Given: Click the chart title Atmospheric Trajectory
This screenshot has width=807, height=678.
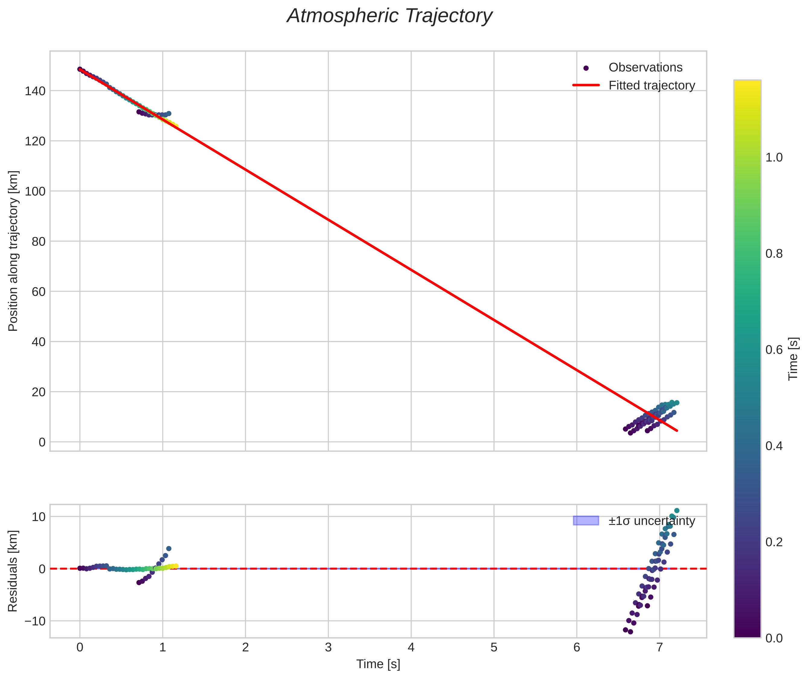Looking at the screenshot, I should pyautogui.click(x=389, y=16).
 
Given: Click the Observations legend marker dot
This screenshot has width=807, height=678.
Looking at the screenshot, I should pyautogui.click(x=585, y=68).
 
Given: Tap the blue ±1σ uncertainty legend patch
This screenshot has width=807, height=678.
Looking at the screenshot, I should pyautogui.click(x=585, y=520).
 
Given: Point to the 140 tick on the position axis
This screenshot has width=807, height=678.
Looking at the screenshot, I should pyautogui.click(x=35, y=91).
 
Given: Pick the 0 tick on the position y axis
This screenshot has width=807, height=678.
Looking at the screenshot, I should pyautogui.click(x=42, y=442).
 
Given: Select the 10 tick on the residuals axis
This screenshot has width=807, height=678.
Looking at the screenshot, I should pyautogui.click(x=38, y=516).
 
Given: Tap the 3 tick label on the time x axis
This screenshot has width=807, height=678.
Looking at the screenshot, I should pyautogui.click(x=328, y=647).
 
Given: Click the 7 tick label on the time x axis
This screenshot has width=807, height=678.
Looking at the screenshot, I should pyautogui.click(x=659, y=647).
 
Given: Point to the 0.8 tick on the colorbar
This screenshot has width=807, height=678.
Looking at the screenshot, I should pyautogui.click(x=774, y=254).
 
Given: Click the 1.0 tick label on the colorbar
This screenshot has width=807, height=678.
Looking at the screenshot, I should pyautogui.click(x=774, y=158).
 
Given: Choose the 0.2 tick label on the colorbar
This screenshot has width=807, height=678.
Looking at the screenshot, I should pyautogui.click(x=774, y=542).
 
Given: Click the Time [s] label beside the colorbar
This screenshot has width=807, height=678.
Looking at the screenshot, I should pyautogui.click(x=793, y=359).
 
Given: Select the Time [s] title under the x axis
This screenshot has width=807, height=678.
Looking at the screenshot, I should pyautogui.click(x=378, y=664).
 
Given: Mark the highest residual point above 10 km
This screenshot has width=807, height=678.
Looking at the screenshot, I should pyautogui.click(x=677, y=511).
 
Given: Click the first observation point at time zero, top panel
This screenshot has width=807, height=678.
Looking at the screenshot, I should pyautogui.click(x=80, y=69).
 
